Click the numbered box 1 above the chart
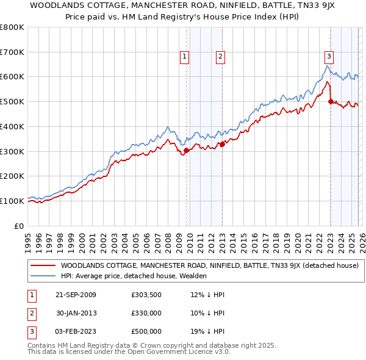pos(185,57)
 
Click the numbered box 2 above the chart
pos(220,57)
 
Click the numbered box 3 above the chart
pos(329,57)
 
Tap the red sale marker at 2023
pos(330,102)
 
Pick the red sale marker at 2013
pos(222,144)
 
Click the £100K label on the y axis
pos(12,201)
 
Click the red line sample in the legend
pos(43,265)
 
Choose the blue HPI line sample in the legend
pos(43,276)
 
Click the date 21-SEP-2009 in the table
pos(76,295)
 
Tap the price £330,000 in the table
pos(146,313)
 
